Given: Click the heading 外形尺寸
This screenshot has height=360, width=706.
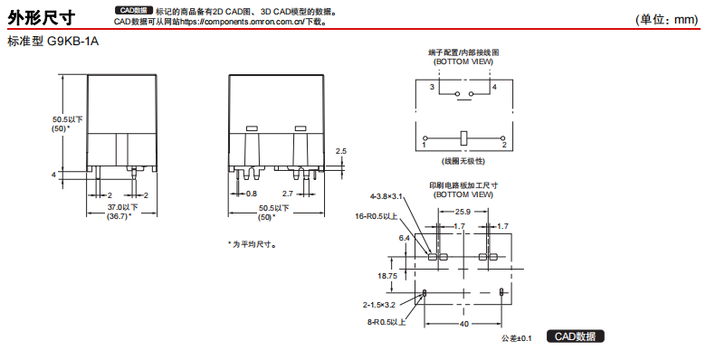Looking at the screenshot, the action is point(42,17).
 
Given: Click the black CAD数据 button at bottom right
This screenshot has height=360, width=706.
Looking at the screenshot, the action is point(575,336).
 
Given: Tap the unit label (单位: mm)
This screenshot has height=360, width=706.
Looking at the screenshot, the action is point(667,19).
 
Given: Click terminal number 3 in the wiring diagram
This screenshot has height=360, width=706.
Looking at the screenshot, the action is point(432,87).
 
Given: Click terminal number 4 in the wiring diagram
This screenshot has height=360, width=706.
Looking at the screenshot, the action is point(494,87).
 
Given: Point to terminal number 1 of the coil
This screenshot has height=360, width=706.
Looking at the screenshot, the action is point(425,145).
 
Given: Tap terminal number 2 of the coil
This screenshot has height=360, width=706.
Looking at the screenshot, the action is point(504,145).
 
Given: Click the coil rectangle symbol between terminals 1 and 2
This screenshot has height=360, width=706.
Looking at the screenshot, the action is point(464,138).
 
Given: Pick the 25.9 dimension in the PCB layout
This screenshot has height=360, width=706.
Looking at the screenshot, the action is point(463,211).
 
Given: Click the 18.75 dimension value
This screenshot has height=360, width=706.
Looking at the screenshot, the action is point(387,276).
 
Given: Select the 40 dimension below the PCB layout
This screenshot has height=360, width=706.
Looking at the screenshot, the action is point(463,324).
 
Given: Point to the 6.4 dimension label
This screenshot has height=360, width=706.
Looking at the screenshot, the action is point(405,238).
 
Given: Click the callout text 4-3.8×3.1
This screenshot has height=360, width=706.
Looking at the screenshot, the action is point(386,196).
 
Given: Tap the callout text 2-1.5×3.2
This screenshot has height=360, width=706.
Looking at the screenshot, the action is point(379,305).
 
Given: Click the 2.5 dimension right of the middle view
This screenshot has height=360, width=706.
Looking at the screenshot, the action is point(341,151).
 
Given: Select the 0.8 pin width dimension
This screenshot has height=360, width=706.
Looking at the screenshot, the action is point(252,194).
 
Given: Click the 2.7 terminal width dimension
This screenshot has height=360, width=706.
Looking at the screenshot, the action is point(287,194).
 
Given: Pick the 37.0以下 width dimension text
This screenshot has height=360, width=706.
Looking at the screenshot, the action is point(122,207).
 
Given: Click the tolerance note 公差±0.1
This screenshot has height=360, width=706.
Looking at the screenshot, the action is point(517,338).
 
